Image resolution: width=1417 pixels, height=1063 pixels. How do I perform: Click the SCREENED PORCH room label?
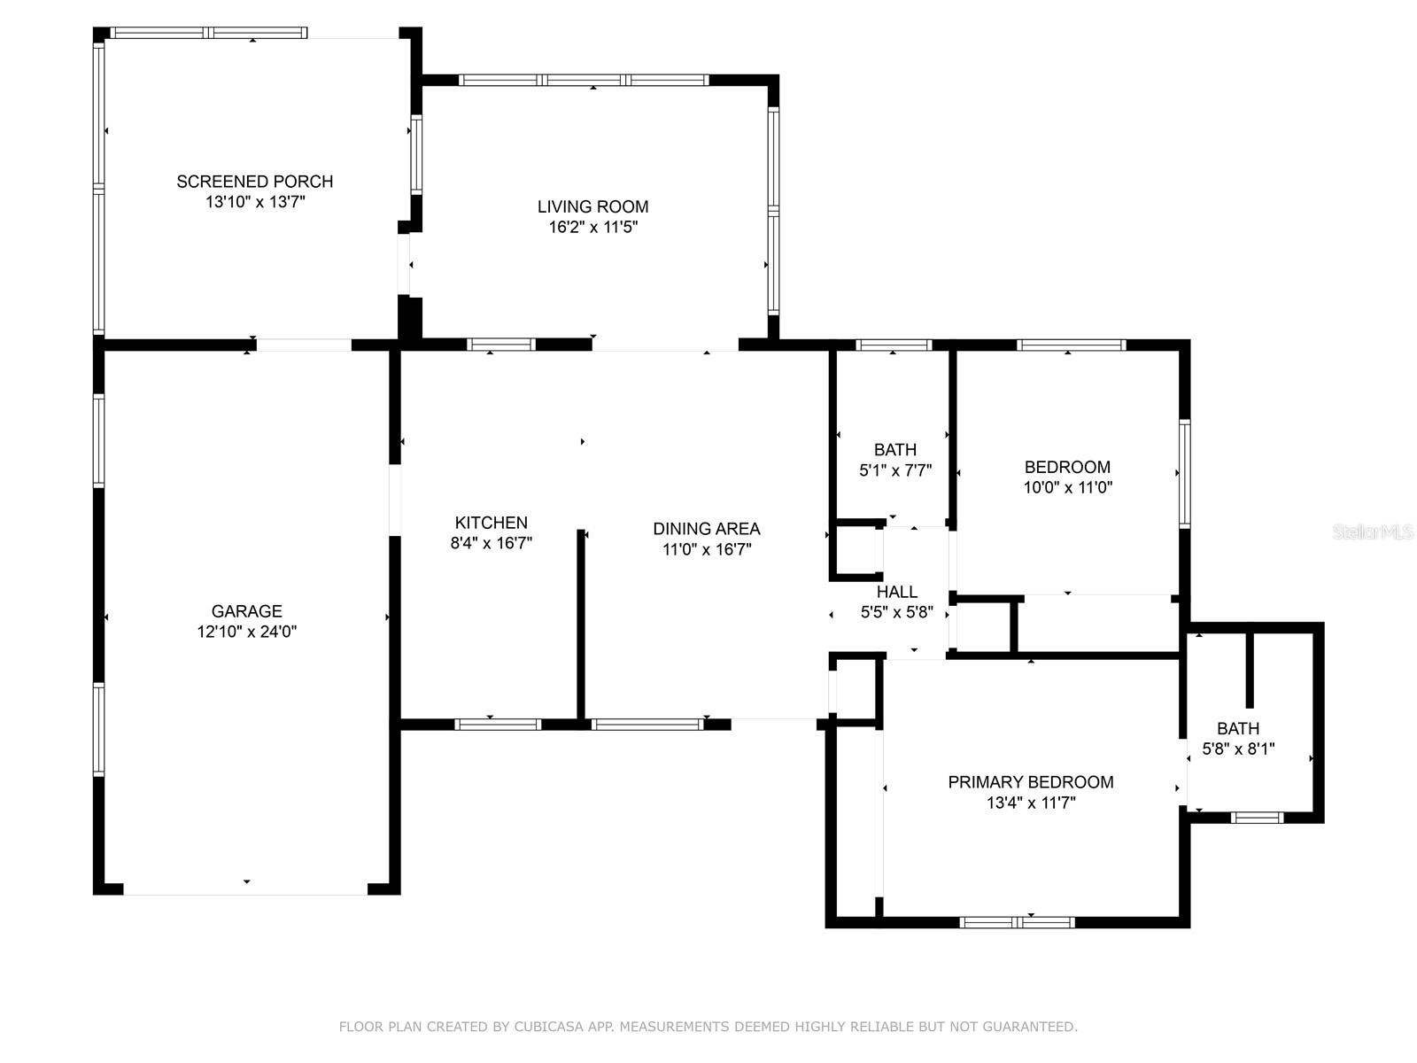[254, 182]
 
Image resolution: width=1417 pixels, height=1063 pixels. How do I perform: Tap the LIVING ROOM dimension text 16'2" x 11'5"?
[592, 228]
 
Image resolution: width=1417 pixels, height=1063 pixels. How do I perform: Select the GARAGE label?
[246, 611]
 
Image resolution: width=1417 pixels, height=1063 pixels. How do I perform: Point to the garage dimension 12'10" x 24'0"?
[246, 632]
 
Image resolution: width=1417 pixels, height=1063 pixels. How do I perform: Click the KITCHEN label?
[491, 523]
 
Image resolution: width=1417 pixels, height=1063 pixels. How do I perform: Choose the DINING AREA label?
[706, 529]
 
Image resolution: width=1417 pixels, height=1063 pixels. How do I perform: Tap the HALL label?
[896, 592]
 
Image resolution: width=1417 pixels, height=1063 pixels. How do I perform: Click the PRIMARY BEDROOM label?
[1030, 782]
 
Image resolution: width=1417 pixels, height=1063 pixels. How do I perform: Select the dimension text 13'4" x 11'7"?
[1030, 803]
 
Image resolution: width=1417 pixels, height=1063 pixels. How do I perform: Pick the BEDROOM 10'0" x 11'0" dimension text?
[1067, 487]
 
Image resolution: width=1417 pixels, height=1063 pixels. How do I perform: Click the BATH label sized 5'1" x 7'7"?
[894, 450]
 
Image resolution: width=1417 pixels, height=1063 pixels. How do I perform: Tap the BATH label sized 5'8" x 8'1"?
[1237, 728]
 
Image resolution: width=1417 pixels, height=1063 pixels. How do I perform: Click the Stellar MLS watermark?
[1373, 531]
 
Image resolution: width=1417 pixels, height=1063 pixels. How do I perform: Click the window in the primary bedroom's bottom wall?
[1017, 922]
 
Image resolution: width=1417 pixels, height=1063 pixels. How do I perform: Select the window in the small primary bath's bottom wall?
[1257, 818]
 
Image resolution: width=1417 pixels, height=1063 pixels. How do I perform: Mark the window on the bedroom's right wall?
[1184, 474]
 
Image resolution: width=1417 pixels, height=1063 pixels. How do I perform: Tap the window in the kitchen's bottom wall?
[497, 724]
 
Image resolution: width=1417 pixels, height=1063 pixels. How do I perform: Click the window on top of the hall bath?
[893, 345]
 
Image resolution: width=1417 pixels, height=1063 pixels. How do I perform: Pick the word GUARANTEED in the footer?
[1028, 1027]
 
